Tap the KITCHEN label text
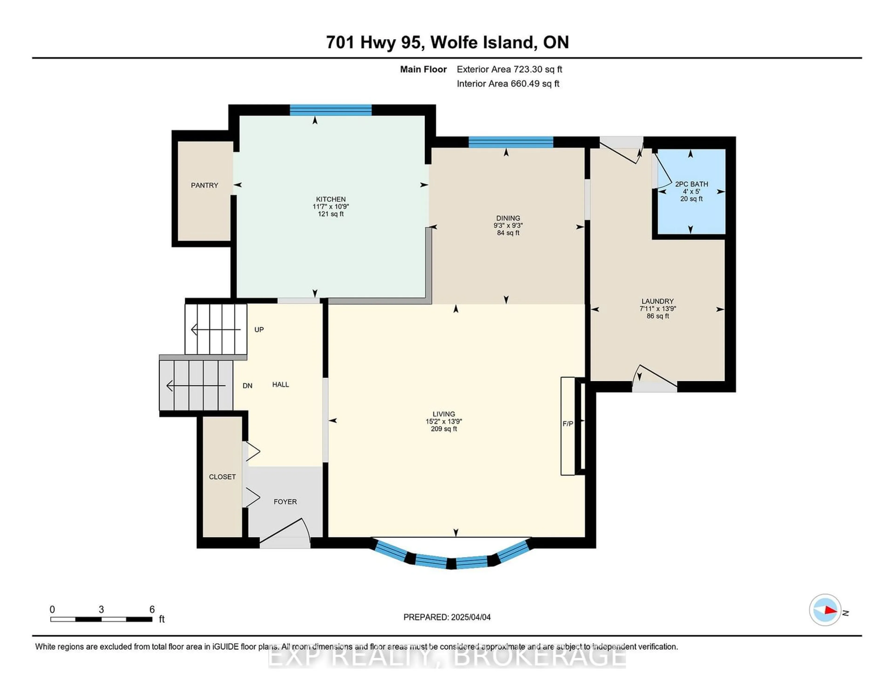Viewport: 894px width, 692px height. pyautogui.click(x=331, y=199)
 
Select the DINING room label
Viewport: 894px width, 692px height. pyautogui.click(x=508, y=218)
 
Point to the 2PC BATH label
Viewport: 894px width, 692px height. pyautogui.click(x=691, y=184)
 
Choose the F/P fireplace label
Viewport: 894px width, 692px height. pyautogui.click(x=568, y=424)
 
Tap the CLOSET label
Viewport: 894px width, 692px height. pyautogui.click(x=222, y=477)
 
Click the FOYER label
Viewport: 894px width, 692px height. pyautogui.click(x=285, y=502)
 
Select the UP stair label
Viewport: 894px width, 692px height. pyautogui.click(x=259, y=329)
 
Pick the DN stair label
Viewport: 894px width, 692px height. pyautogui.click(x=247, y=386)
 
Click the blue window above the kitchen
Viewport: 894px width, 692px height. pyautogui.click(x=331, y=110)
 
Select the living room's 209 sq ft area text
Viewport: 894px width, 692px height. pyautogui.click(x=444, y=429)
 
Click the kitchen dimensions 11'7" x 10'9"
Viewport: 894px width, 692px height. pyautogui.click(x=331, y=207)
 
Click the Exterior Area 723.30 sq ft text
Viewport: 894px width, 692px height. pyautogui.click(x=509, y=69)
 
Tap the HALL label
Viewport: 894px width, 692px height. pyautogui.click(x=280, y=384)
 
